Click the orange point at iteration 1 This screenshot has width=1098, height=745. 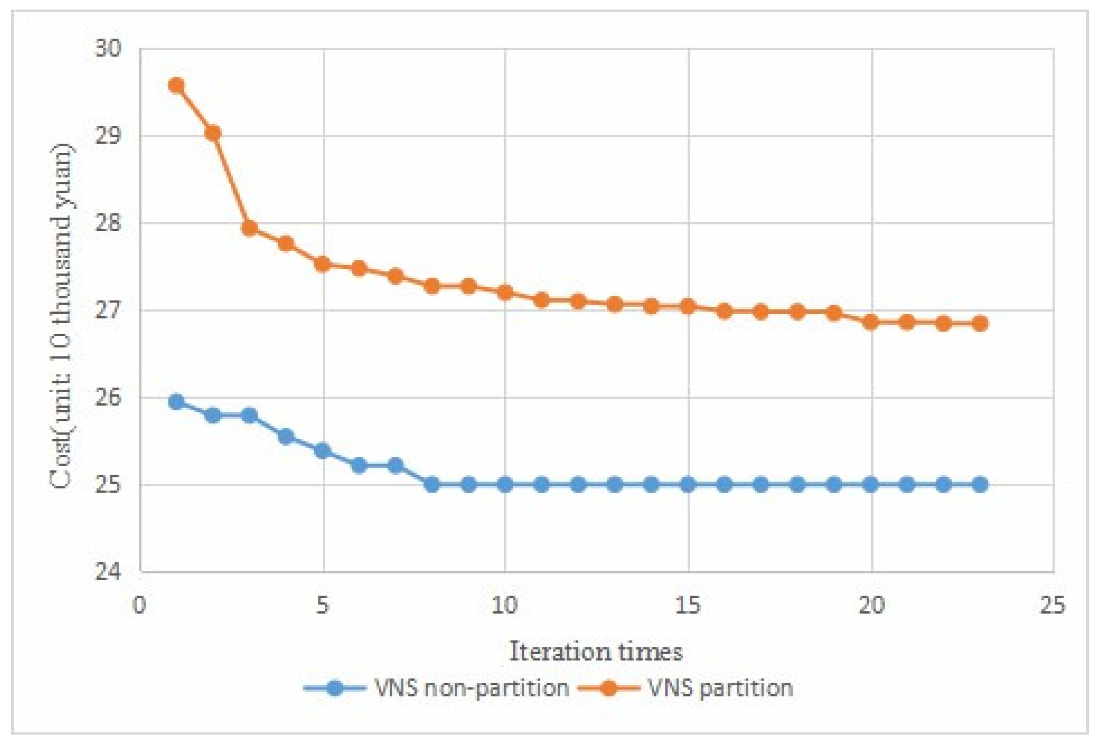(x=176, y=85)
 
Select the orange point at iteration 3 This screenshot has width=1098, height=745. (x=249, y=229)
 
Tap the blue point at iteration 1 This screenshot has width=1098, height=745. (x=176, y=402)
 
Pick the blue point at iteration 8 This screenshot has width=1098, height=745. (x=432, y=484)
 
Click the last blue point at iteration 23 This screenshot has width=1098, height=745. (x=980, y=484)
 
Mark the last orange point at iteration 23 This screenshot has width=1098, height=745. (x=980, y=323)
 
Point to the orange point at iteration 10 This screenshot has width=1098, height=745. (x=505, y=293)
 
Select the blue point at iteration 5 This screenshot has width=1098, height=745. (x=323, y=451)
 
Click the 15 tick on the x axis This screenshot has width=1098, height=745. (x=688, y=605)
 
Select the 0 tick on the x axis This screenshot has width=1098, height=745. (x=139, y=605)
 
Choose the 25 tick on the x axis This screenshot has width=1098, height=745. (x=1053, y=605)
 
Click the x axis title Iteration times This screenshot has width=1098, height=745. (x=596, y=652)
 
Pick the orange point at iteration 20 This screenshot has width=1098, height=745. (x=871, y=322)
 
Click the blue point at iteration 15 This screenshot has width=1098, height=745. (x=688, y=484)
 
